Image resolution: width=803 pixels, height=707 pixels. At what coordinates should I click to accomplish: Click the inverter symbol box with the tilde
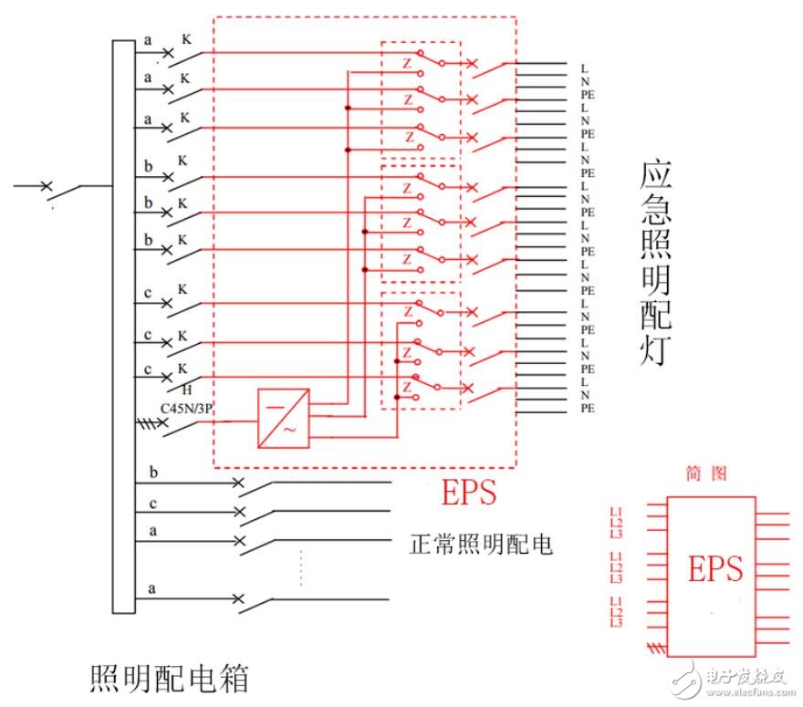tap(284, 419)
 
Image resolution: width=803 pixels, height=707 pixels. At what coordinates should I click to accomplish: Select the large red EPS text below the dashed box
tap(469, 493)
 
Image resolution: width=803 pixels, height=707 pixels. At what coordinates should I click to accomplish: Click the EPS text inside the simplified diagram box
tap(714, 569)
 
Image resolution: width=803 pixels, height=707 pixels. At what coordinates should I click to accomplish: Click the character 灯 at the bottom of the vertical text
tap(655, 349)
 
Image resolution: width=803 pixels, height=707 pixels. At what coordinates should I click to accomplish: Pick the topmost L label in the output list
tap(584, 68)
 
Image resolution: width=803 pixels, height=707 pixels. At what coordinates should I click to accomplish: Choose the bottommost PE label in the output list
tap(588, 409)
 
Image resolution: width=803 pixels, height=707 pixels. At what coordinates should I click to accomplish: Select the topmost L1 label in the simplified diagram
tap(616, 512)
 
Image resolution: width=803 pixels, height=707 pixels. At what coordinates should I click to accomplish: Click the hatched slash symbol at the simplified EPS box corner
tap(652, 649)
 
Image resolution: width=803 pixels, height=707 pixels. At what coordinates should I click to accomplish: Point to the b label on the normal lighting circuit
tap(152, 472)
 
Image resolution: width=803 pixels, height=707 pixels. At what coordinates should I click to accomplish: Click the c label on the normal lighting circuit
tap(152, 502)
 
